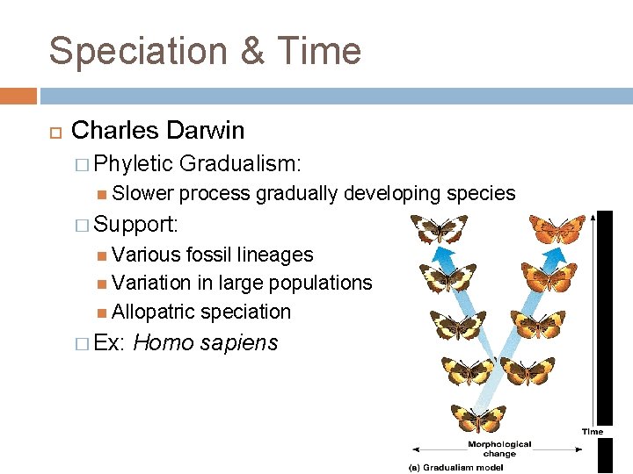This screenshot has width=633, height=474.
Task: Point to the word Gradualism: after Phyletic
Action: pos(240,164)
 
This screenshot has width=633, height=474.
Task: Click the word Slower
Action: pos(142,194)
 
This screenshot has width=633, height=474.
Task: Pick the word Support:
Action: pos(136,225)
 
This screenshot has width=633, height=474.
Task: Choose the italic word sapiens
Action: pos(239,343)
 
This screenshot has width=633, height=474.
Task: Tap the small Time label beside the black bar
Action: pos(593,431)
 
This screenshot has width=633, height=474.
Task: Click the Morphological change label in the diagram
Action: pos(498,449)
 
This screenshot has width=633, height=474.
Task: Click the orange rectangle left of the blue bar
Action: pos(18,96)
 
